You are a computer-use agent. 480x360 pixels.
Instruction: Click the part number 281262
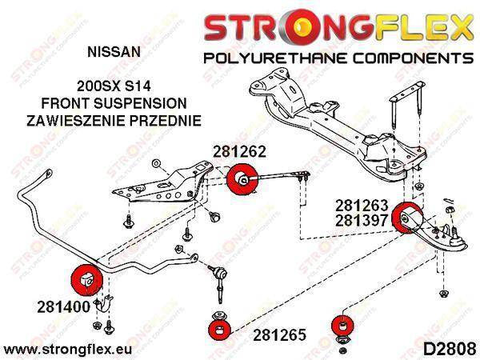click(239, 150)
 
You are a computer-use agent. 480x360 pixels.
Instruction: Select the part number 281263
click(362, 206)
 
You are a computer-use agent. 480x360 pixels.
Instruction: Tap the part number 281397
click(362, 220)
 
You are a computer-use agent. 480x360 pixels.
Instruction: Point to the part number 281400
click(64, 306)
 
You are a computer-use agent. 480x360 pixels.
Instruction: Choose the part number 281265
click(279, 335)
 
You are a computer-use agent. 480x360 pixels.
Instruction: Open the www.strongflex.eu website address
click(67, 350)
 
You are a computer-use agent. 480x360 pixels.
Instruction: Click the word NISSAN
click(114, 52)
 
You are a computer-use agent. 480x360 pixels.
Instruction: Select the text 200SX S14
click(114, 86)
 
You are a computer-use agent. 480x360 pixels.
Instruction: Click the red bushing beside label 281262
click(242, 179)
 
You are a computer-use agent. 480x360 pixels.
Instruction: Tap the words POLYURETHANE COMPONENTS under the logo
click(338, 58)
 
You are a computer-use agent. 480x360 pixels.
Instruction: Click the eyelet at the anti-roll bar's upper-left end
click(48, 174)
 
